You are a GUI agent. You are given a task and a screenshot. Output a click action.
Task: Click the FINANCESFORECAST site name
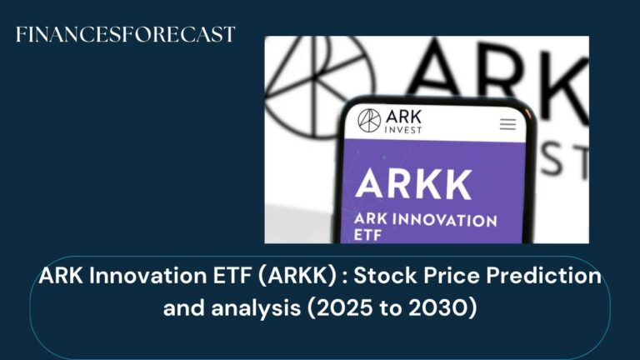tap(126, 35)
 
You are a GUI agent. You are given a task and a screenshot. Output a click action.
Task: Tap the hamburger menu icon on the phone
tap(507, 124)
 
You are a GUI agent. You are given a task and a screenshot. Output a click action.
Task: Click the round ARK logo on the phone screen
tap(369, 121)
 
